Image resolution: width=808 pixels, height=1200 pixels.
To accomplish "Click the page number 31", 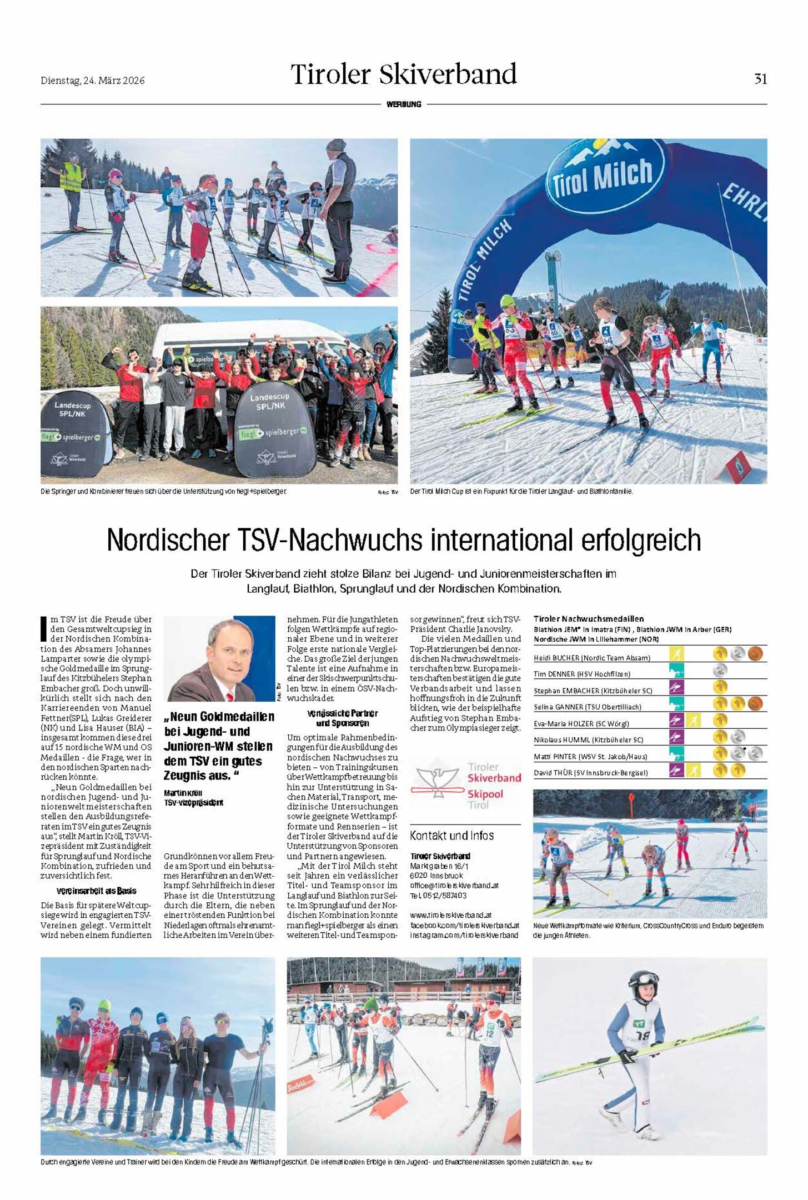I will point(760,79).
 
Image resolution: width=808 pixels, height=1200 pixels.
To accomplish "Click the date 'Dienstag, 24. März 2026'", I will point(93,81).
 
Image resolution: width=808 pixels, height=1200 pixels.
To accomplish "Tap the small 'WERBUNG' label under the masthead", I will point(404,104).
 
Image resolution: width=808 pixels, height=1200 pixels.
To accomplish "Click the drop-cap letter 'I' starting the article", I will point(44,629).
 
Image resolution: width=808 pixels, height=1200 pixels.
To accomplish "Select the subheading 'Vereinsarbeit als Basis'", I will point(96,891).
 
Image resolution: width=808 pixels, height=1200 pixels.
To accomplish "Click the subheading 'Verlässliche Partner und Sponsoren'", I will point(342,718).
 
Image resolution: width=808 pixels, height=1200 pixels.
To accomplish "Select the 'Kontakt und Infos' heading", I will point(451,836).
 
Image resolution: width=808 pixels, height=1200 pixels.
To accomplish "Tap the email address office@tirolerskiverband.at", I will point(454,886).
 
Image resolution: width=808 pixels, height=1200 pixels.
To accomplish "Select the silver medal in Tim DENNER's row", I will point(720,671).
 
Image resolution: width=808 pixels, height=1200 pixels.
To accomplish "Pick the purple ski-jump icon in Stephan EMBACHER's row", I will point(676,687).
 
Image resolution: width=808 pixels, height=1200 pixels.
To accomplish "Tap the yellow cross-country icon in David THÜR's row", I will point(692,770).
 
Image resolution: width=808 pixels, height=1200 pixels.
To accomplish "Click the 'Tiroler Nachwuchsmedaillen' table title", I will point(588,619).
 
